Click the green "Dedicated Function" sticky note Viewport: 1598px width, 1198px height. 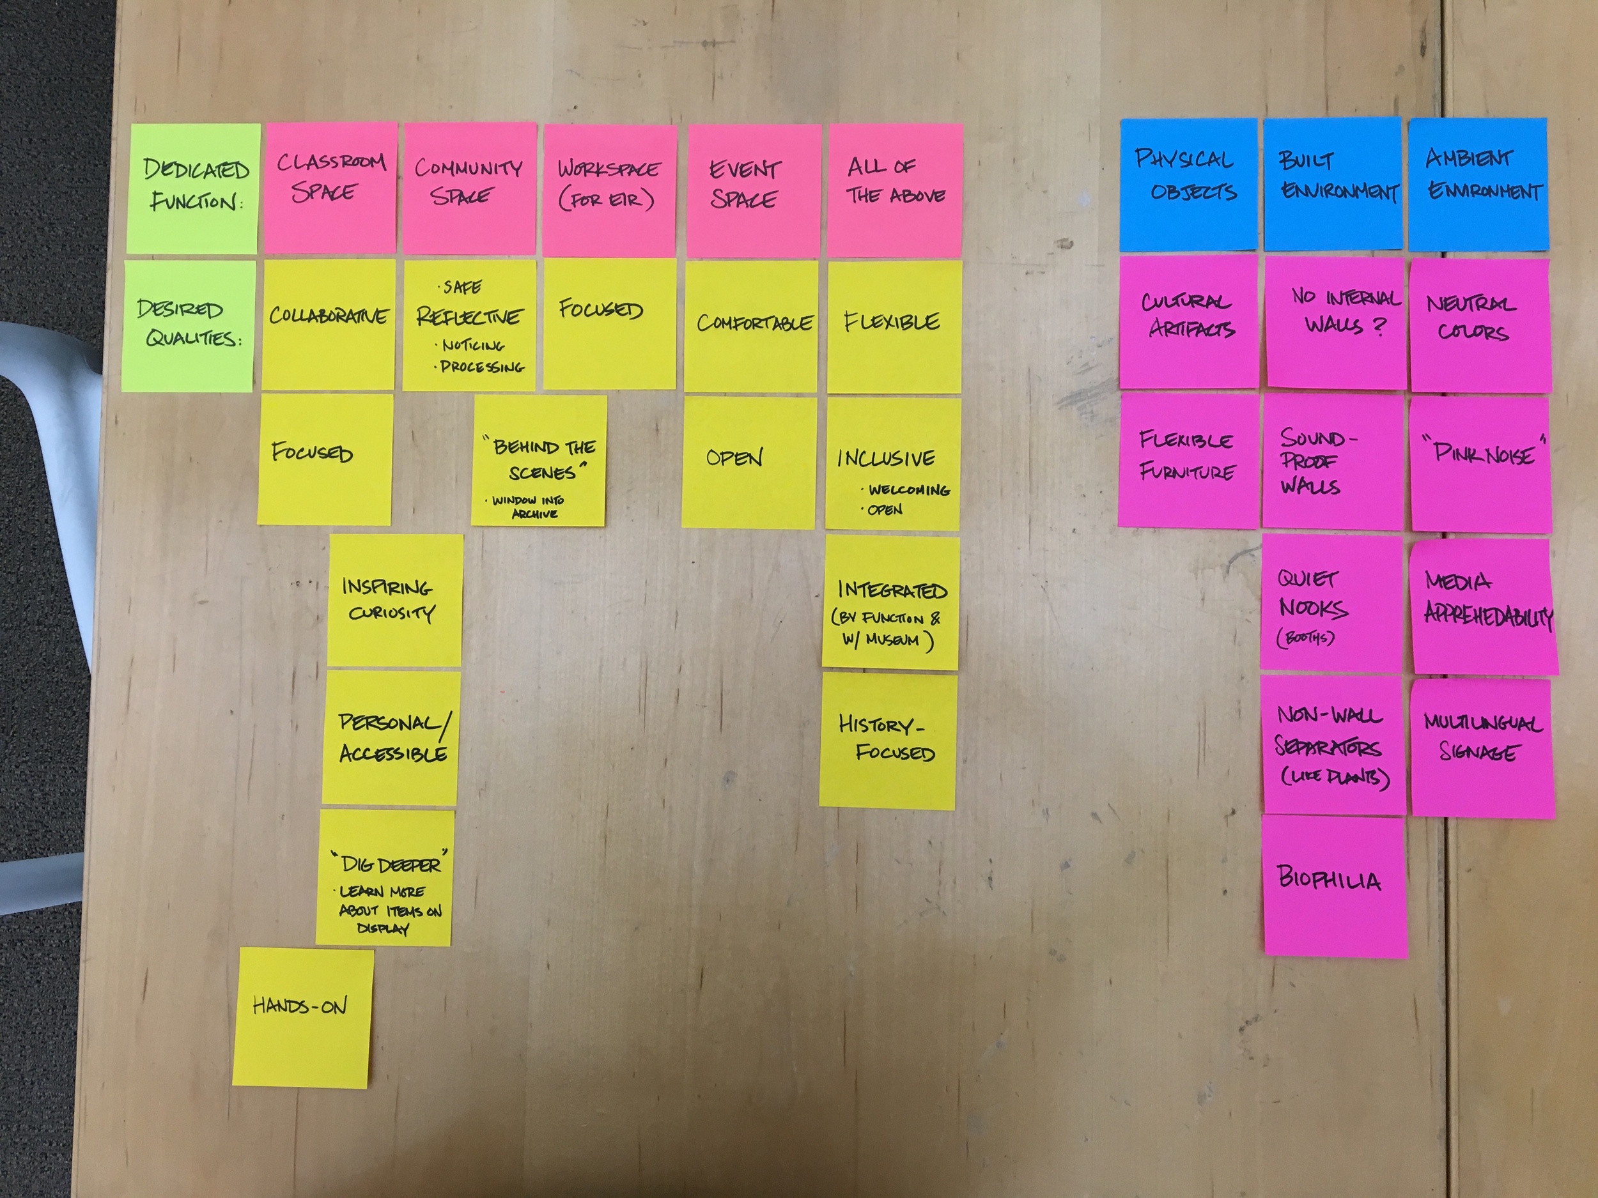coord(194,188)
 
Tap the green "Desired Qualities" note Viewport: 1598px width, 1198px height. coord(189,325)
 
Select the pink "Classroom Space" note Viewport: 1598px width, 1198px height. coord(330,188)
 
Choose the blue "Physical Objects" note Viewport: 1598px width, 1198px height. coord(1188,184)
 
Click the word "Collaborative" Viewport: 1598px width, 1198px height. coord(329,316)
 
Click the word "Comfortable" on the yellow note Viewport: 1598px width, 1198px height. coord(754,323)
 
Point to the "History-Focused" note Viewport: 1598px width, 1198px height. coord(888,740)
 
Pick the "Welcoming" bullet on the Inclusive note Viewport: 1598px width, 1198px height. coord(908,490)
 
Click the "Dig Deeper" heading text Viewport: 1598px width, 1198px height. coord(390,864)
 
